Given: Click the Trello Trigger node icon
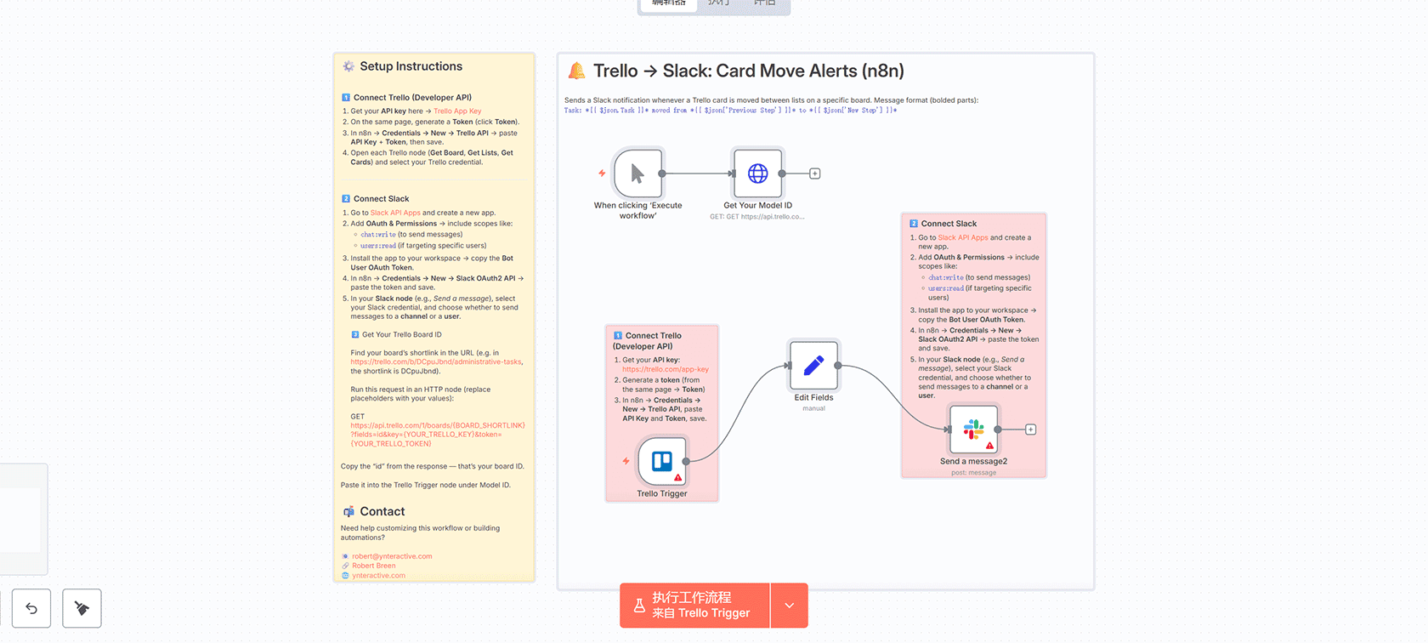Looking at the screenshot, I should (x=662, y=461).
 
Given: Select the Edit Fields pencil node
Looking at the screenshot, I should (x=813, y=365).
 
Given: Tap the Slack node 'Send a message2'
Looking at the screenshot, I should (x=973, y=430).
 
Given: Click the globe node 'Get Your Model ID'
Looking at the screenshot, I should (x=757, y=174).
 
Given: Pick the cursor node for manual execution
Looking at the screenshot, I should (x=637, y=174).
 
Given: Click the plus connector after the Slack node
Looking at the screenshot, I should (x=1030, y=430).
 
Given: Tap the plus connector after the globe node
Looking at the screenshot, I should (x=814, y=174).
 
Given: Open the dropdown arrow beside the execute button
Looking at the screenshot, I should (x=789, y=606).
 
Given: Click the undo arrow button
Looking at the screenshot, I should (x=31, y=608).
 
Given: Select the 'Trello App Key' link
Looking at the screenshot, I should (x=457, y=111).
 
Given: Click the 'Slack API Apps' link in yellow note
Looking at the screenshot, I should (x=395, y=213).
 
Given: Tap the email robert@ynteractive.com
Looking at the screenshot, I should (x=392, y=556).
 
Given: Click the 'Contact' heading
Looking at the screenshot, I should (x=382, y=511).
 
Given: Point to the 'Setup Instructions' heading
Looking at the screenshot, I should (x=411, y=66).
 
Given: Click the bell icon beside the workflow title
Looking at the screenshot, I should (x=577, y=71).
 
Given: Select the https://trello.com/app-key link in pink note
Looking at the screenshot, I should (x=665, y=369).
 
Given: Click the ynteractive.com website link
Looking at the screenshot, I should (x=378, y=576).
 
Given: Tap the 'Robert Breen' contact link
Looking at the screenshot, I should (x=373, y=566).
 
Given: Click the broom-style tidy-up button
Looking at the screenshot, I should (x=82, y=608).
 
